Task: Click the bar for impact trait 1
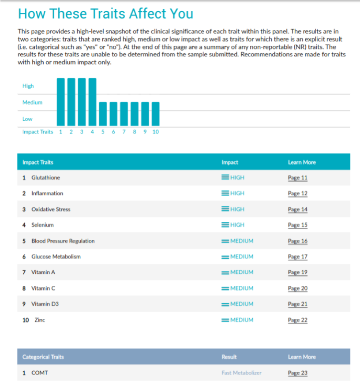pyautogui.click(x=60, y=101)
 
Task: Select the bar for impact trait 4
pyautogui.click(x=92, y=101)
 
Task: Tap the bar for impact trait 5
pyautogui.click(x=103, y=114)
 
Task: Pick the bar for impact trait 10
pyautogui.click(x=155, y=114)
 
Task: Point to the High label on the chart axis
pyautogui.click(x=28, y=86)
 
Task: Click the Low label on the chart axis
pyautogui.click(x=27, y=119)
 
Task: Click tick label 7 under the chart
pyautogui.click(x=124, y=132)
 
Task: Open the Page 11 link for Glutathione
pyautogui.click(x=297, y=178)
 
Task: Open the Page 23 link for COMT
pyautogui.click(x=297, y=373)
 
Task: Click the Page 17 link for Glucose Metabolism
pyautogui.click(x=297, y=257)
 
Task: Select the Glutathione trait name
pyautogui.click(x=45, y=178)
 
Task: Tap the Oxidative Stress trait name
pyautogui.click(x=51, y=209)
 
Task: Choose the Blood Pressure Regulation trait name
pyautogui.click(x=63, y=241)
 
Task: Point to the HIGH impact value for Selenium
pyautogui.click(x=237, y=225)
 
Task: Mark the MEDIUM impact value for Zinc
pyautogui.click(x=241, y=320)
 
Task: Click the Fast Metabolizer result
pyautogui.click(x=241, y=373)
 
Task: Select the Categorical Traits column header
pyautogui.click(x=43, y=357)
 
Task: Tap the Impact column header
pyautogui.click(x=230, y=162)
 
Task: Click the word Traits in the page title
pyautogui.click(x=106, y=14)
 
